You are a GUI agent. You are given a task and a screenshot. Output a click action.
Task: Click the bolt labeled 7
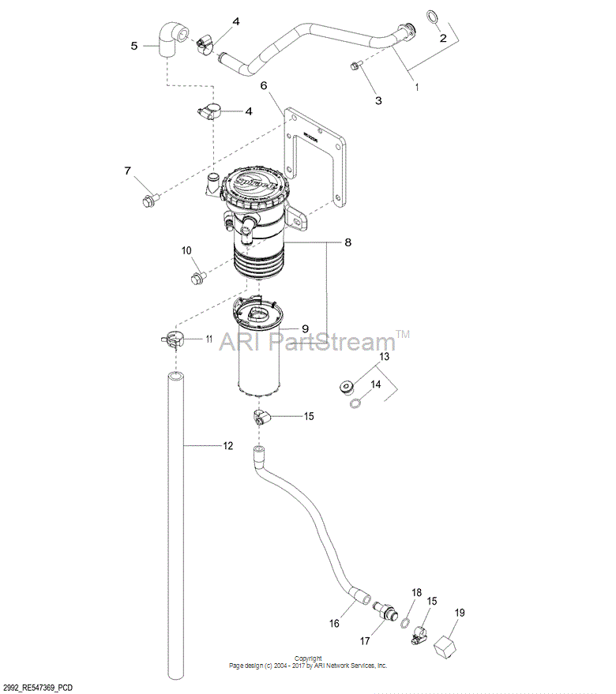point(147,200)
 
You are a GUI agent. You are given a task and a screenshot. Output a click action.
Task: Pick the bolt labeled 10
point(196,276)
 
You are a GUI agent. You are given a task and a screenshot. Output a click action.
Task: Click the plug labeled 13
point(344,386)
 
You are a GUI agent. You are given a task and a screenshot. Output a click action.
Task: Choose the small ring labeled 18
point(404,621)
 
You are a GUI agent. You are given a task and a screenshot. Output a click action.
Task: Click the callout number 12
point(227,446)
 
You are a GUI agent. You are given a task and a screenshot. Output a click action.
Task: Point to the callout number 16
point(334,623)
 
